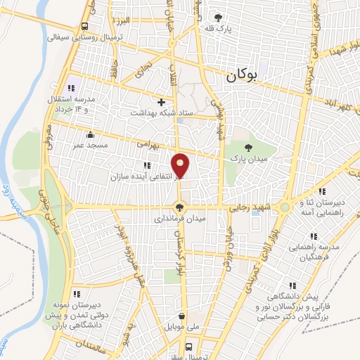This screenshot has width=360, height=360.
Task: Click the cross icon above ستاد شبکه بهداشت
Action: point(161,102)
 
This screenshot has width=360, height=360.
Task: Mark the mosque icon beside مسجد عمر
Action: point(89,135)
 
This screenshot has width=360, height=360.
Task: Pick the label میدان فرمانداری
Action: point(181,218)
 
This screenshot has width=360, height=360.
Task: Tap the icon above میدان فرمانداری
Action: point(181,207)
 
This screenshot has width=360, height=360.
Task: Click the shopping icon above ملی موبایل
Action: point(182,317)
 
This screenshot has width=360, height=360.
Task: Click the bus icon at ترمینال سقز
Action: point(188,346)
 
